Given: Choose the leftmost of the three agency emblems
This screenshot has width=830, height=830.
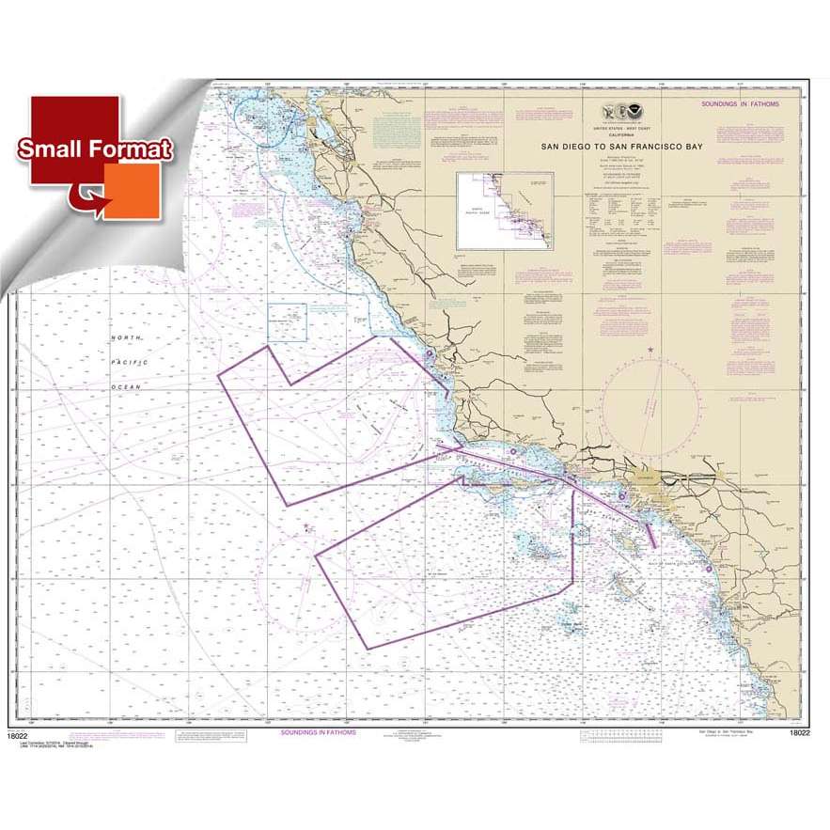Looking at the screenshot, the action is coord(607,109).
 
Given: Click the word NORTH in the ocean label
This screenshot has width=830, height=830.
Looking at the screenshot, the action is coord(126,337).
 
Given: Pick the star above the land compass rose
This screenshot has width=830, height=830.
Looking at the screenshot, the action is coord(651,350).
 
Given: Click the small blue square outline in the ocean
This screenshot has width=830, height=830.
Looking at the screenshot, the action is coord(288,321).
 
